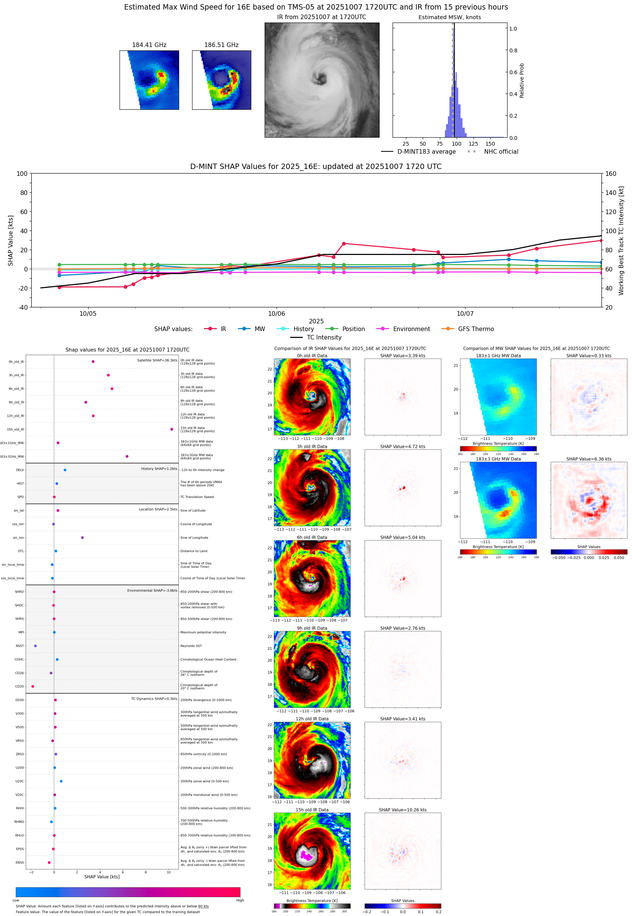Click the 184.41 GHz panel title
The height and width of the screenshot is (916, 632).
coord(149,45)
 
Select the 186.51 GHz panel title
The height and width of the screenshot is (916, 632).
coord(221,45)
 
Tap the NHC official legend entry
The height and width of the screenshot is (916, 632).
coord(501,152)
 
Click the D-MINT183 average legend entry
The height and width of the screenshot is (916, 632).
coord(426,152)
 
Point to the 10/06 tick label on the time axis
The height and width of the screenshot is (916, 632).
coord(276,313)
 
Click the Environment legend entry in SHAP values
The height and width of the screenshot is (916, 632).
coord(411,329)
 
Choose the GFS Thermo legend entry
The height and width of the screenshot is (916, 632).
coord(475,329)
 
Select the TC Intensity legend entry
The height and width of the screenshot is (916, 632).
coord(323,337)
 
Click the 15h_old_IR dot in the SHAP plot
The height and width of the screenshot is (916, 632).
coord(171,429)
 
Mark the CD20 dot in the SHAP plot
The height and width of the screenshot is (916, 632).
coord(32,687)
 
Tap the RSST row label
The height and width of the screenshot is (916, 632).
coord(20,646)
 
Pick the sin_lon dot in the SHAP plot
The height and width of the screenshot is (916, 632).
coord(82,538)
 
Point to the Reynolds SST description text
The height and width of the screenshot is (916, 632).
coord(191,646)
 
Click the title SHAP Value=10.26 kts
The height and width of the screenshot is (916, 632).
coord(402,810)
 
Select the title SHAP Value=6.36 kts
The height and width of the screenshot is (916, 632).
coord(588,459)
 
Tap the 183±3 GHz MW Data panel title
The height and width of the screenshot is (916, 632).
coord(498,459)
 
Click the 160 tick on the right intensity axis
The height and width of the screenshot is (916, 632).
coord(611,174)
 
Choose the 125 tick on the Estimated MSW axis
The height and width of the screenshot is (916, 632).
coord(473,144)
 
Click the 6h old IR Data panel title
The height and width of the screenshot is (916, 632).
coord(312,538)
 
